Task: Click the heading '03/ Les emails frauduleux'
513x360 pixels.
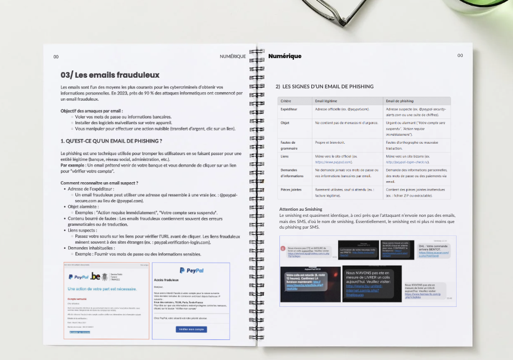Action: pyautogui.click(x=110, y=75)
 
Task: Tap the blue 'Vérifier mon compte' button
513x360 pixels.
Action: pyautogui.click(x=191, y=329)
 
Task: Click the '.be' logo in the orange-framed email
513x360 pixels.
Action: pyautogui.click(x=96, y=276)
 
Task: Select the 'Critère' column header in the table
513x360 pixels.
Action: pyautogui.click(x=286, y=101)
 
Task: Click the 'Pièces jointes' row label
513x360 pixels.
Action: pyautogui.click(x=291, y=190)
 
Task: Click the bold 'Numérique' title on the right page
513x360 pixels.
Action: pyautogui.click(x=284, y=56)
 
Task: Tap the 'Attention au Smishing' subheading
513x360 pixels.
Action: pyautogui.click(x=300, y=209)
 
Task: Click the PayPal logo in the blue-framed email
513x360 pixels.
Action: pyautogui.click(x=191, y=270)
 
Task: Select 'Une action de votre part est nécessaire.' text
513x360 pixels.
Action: pyautogui.click(x=102, y=289)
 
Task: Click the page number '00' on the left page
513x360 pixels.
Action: pyautogui.click(x=56, y=56)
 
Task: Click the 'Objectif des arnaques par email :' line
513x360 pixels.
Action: pyautogui.click(x=91, y=111)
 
